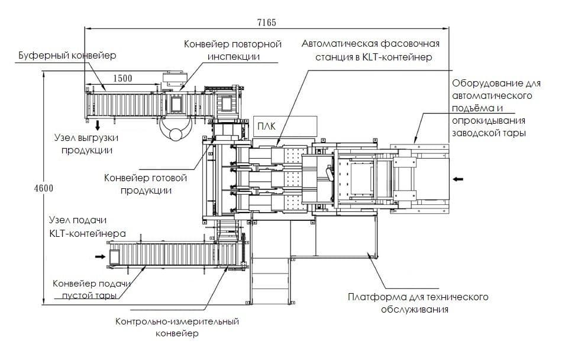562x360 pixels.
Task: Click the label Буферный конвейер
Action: [x=67, y=55]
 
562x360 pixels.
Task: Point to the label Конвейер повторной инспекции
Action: [x=232, y=50]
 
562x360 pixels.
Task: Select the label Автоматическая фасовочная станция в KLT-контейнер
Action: [x=370, y=50]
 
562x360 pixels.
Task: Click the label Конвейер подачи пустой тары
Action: [x=91, y=288]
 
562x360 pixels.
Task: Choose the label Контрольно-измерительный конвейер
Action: [x=177, y=327]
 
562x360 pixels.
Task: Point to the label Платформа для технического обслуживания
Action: [x=418, y=303]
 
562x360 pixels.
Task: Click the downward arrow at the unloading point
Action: [x=97, y=125]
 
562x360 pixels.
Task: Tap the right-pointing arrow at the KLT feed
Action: [x=99, y=256]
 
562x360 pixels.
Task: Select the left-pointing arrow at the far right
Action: [x=459, y=178]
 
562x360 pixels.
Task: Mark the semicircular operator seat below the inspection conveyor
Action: [x=176, y=133]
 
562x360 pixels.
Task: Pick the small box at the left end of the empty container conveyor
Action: [x=114, y=256]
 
